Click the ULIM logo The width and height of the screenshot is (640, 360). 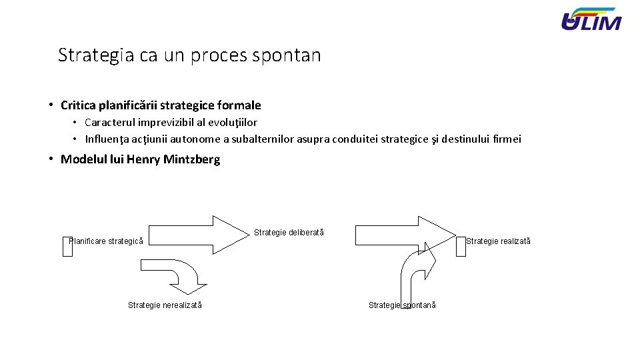coord(591,19)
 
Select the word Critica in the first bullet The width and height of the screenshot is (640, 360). coord(77,105)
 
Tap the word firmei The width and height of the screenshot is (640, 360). coord(506,139)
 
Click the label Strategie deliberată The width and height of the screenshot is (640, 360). coord(289,233)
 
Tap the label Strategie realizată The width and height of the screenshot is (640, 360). coord(498,241)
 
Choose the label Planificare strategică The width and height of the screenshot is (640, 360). coord(107,241)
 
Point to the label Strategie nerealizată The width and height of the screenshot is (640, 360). coord(165,305)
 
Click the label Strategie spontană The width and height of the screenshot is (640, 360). coord(402,305)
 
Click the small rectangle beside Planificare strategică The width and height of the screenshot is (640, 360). coord(67,246)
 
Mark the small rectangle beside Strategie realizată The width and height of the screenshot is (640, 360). coord(461,245)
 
